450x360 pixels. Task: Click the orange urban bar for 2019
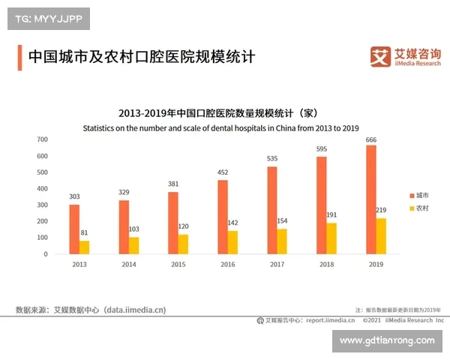coord(370,199)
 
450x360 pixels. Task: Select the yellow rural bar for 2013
coord(84,247)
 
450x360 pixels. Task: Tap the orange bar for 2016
coord(223,217)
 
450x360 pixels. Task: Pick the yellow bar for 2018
coord(331,238)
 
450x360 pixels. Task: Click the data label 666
coord(370,139)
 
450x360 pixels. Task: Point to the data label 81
coord(84,233)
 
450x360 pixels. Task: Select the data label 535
coord(272,159)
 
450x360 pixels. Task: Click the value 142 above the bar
coord(232,223)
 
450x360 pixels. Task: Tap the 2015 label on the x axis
coord(178,265)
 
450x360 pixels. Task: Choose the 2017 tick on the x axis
coord(277,265)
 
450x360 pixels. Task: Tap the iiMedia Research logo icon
coord(382,56)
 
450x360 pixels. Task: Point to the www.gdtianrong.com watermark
coord(386,340)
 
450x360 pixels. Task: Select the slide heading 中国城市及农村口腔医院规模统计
coord(142,57)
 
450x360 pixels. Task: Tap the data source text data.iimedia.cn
coord(135,309)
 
